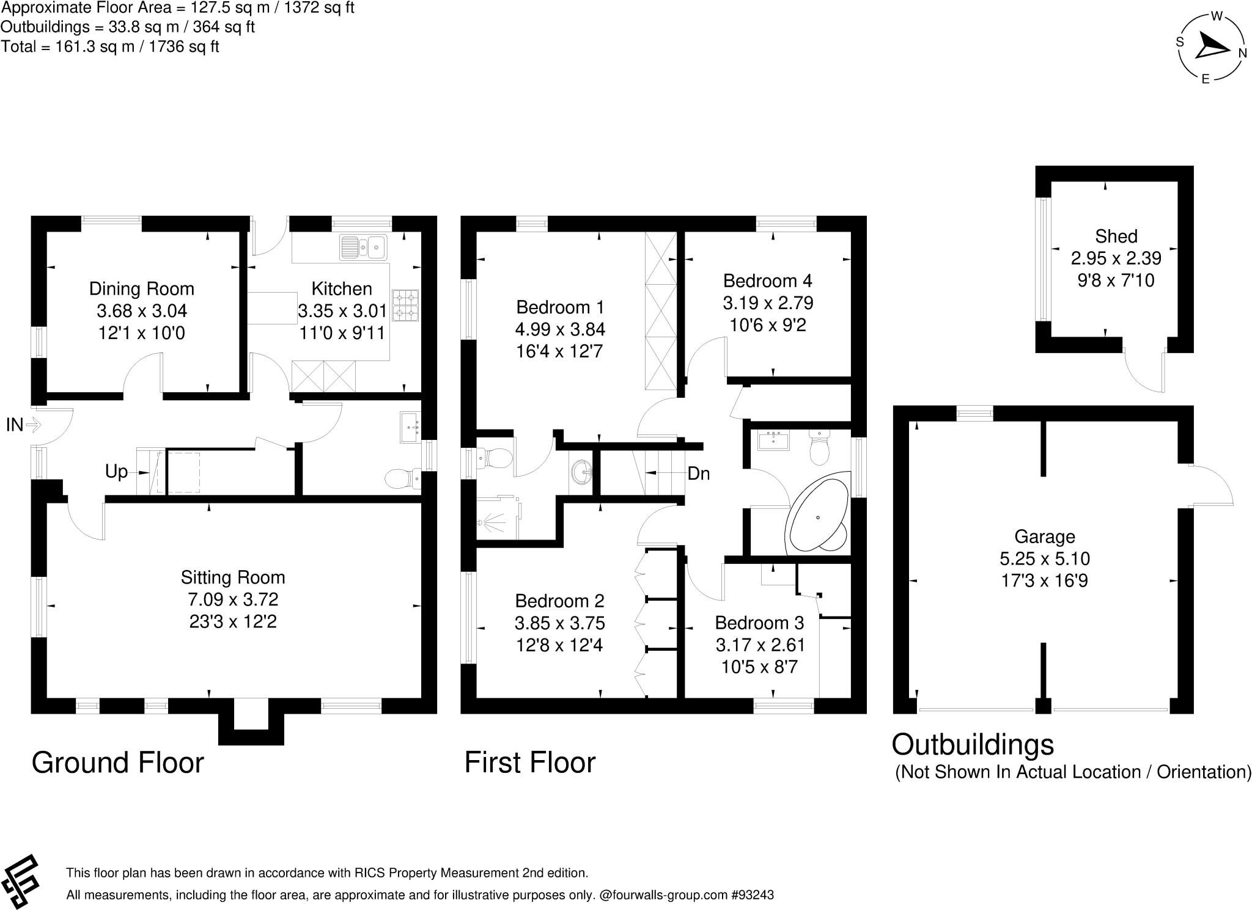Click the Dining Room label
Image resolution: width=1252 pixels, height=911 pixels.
(141, 289)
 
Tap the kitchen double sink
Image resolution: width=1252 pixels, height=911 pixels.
(364, 247)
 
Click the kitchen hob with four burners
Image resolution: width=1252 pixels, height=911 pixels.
(405, 305)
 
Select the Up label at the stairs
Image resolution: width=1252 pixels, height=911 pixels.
(116, 472)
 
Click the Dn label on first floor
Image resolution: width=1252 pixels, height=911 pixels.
(698, 474)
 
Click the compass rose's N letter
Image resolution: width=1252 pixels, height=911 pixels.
(1242, 54)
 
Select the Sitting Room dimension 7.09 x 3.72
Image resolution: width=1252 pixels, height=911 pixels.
(233, 600)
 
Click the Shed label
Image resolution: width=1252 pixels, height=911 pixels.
(1116, 236)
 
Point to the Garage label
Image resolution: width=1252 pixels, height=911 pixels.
(1044, 537)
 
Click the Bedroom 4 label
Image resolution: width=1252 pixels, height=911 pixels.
(767, 281)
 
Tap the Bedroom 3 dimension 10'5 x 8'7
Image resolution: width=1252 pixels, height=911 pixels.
(759, 667)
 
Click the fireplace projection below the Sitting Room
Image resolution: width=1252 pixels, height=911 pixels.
(251, 727)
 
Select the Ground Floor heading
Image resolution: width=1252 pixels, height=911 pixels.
(117, 763)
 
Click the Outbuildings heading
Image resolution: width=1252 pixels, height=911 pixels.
(973, 745)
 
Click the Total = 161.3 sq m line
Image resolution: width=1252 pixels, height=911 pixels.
(110, 46)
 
